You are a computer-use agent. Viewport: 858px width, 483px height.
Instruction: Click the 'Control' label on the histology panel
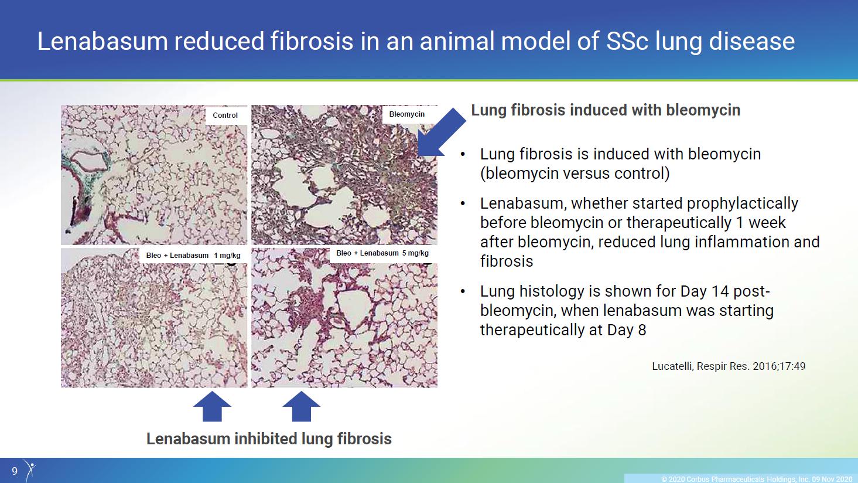[x=225, y=115]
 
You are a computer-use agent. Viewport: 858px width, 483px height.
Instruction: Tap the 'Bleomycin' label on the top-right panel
[x=407, y=114]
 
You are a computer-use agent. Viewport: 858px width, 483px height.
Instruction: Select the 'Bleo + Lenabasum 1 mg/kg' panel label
[x=193, y=256]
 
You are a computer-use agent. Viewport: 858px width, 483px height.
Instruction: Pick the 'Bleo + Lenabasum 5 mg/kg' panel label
[x=382, y=253]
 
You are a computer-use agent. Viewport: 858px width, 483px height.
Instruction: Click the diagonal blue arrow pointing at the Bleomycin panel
[x=441, y=132]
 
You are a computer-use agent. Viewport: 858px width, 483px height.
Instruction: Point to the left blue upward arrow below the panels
[x=212, y=406]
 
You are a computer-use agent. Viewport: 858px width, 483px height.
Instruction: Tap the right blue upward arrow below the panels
[x=302, y=406]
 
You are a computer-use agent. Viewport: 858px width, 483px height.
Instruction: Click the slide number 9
[x=15, y=471]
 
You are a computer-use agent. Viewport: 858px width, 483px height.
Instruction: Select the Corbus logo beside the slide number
[x=30, y=470]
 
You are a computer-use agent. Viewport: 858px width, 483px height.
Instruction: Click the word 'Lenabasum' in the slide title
[x=102, y=42]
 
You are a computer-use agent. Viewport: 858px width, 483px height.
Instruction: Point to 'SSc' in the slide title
[x=627, y=42]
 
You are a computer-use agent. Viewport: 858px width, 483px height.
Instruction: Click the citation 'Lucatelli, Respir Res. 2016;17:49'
[x=729, y=366]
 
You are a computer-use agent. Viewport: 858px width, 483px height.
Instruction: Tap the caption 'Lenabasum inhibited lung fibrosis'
[x=269, y=438]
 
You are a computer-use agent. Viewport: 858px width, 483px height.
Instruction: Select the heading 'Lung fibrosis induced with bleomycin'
[x=606, y=110]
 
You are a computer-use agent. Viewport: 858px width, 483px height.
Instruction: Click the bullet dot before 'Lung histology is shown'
[x=463, y=292]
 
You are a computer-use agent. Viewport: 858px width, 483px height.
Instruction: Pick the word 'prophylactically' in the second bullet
[x=742, y=203]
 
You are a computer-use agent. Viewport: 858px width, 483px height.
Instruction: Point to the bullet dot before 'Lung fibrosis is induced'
[x=463, y=155]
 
